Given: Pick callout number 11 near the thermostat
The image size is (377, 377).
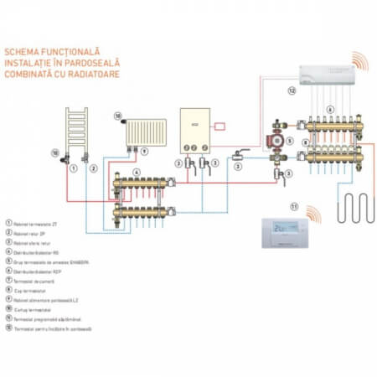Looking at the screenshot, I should [x=293, y=205].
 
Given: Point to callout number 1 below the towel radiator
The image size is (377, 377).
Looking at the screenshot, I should [x=74, y=168].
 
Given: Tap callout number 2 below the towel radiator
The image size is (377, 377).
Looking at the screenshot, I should [x=93, y=168].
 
